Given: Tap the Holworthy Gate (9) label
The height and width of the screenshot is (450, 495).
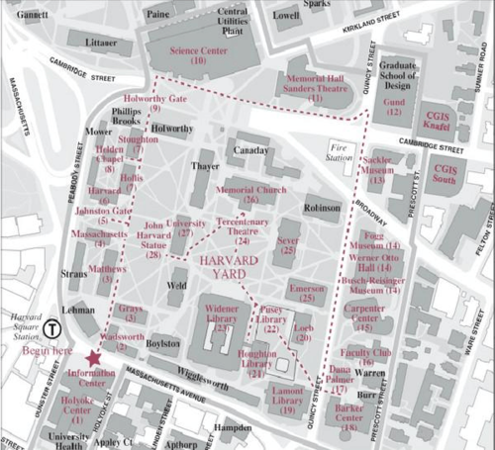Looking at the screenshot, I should [x=155, y=103].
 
